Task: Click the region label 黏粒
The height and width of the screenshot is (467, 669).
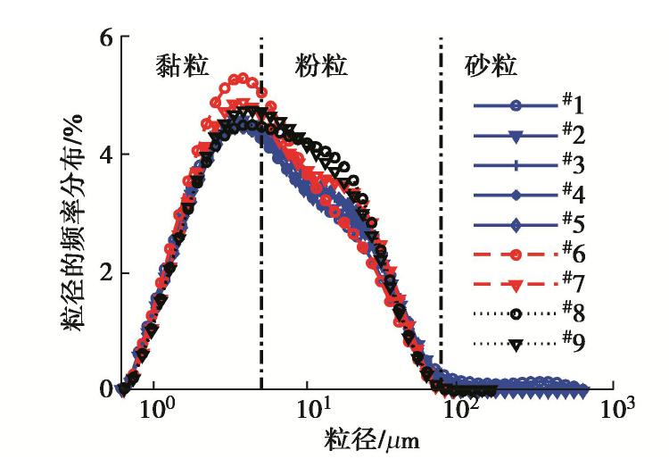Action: tap(182, 66)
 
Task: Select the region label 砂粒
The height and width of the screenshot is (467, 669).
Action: tap(492, 66)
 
